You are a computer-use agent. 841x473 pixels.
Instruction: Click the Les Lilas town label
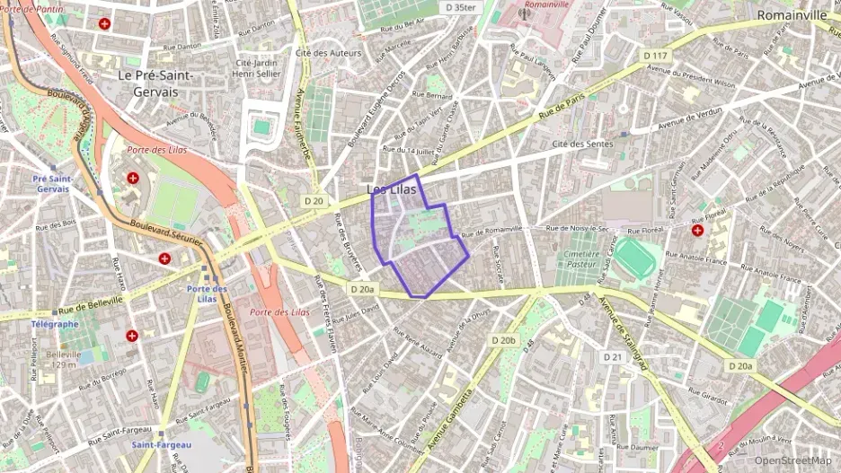(392, 188)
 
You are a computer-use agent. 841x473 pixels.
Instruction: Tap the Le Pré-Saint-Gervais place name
(156, 83)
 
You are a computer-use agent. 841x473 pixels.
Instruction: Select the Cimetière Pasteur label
(577, 259)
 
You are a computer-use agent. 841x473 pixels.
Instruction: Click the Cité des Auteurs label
(328, 53)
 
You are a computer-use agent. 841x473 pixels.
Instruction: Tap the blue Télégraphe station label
(54, 323)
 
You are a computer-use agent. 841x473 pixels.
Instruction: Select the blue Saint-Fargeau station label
(155, 444)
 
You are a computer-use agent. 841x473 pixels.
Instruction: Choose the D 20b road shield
(504, 340)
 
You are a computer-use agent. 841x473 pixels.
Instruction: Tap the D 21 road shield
(613, 357)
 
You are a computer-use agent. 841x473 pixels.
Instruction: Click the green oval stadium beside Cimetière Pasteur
(635, 257)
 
